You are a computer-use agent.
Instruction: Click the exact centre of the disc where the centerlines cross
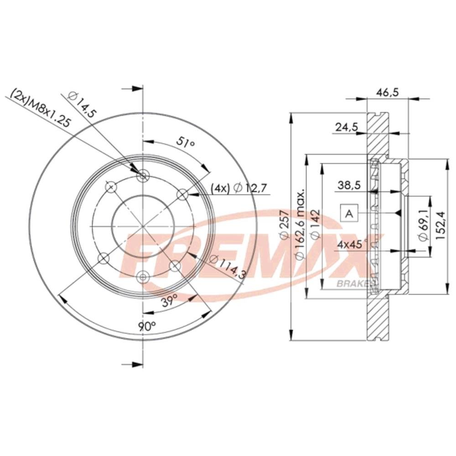point(143,226)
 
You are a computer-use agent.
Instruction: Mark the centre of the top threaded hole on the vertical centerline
point(143,176)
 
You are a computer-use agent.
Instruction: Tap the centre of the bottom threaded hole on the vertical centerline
point(143,277)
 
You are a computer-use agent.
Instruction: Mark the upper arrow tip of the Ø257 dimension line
point(291,113)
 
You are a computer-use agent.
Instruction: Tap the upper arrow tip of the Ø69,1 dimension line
point(430,196)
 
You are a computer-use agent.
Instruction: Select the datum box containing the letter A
point(349,214)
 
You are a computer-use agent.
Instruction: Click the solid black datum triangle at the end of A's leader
point(398,214)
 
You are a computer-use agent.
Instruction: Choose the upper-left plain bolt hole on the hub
point(111,186)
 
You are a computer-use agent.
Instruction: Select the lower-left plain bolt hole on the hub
point(103,258)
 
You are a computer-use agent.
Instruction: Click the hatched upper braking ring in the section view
point(377,135)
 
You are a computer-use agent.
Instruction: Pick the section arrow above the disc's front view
point(132,88)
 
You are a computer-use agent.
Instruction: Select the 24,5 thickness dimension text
point(347,127)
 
